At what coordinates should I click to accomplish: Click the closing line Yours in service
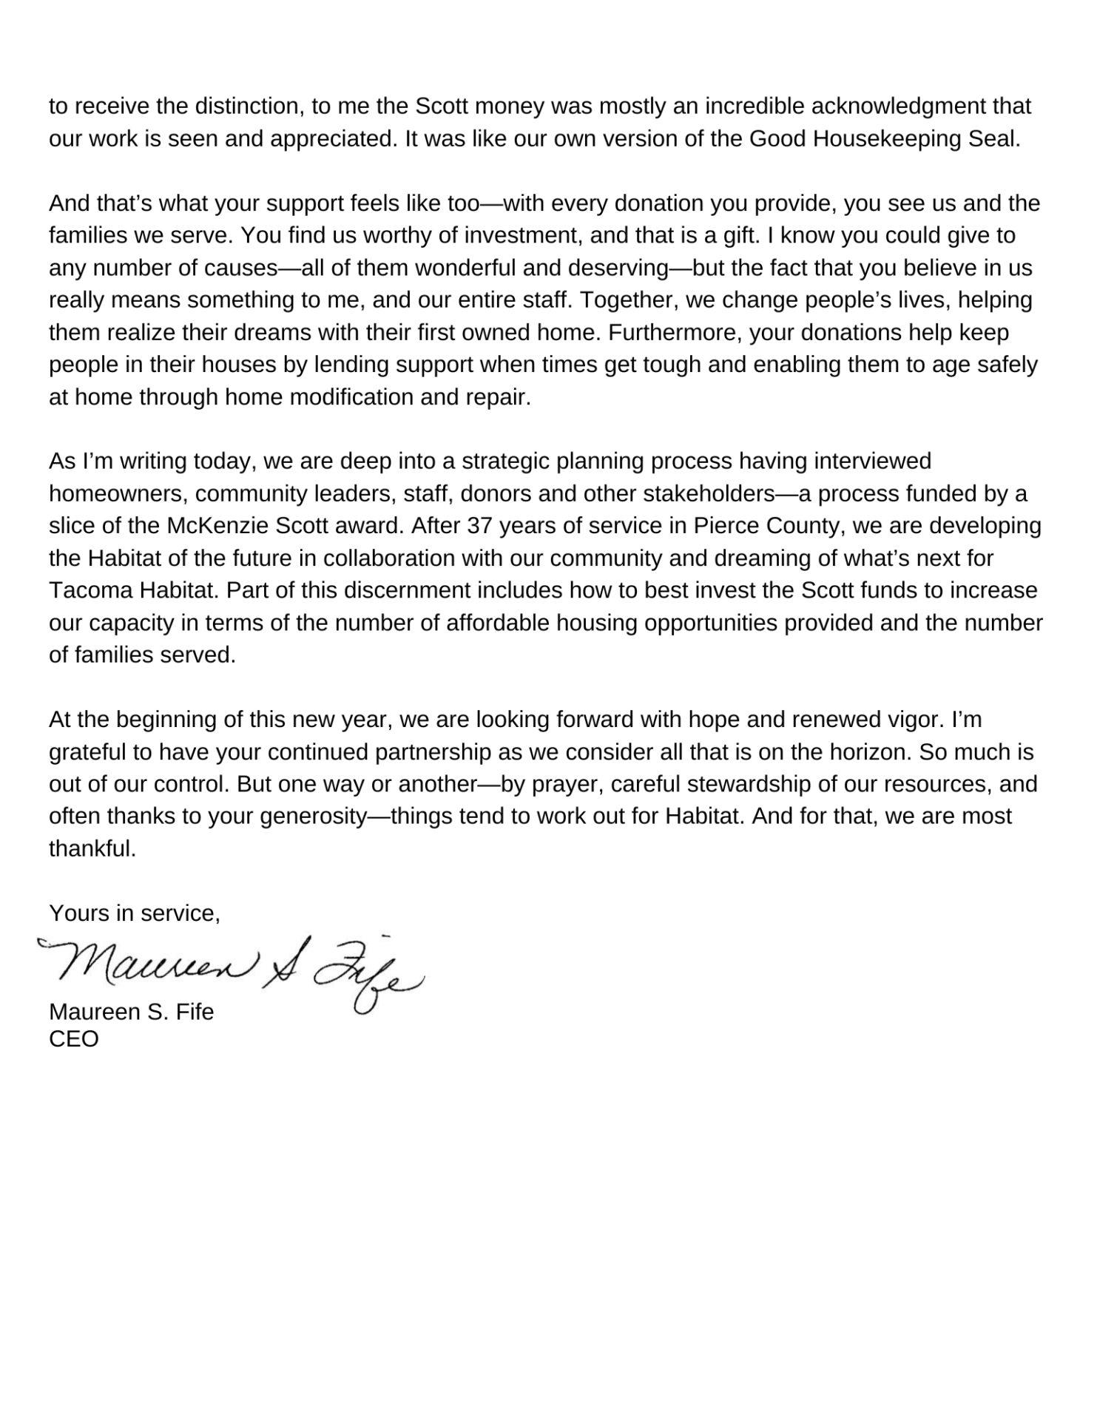click(135, 914)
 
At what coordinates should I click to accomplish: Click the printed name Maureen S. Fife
click(132, 1012)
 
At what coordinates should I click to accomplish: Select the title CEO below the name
click(74, 1039)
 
